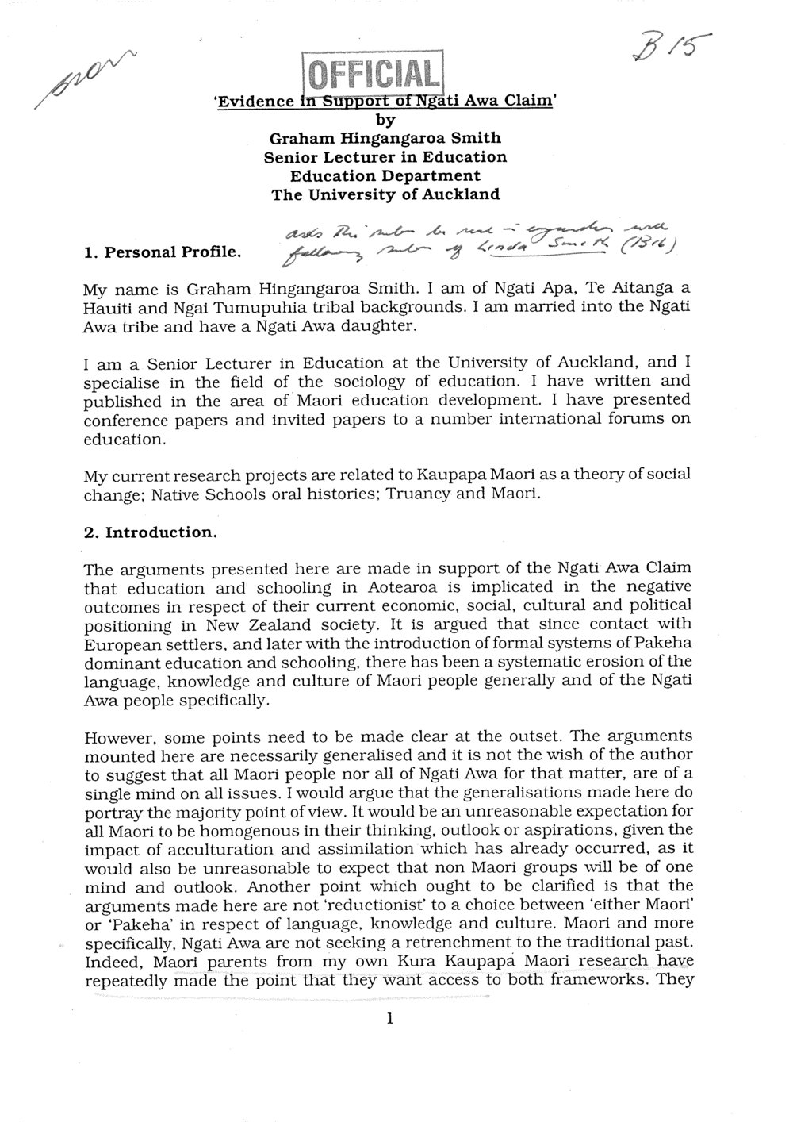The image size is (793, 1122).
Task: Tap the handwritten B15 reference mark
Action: [671, 48]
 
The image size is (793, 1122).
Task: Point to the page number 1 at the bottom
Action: [389, 1020]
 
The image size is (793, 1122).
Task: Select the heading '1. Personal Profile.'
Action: [163, 255]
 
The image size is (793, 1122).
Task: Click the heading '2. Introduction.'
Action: [150, 532]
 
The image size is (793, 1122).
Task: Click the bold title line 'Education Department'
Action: [385, 175]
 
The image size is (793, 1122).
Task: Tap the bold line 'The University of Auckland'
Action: [385, 194]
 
